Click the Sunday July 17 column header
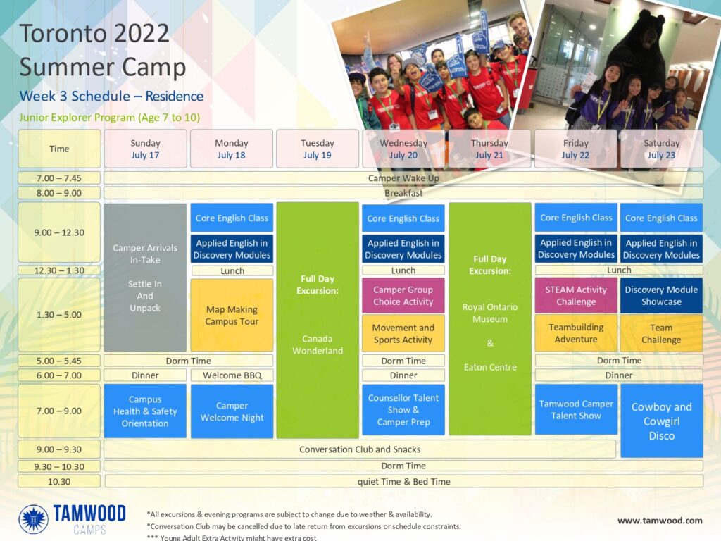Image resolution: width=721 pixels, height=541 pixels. tap(145, 149)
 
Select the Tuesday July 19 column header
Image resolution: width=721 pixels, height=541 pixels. tap(318, 149)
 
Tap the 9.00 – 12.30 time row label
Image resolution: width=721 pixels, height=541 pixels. tap(59, 232)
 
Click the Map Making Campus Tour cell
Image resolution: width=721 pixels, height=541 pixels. tap(232, 315)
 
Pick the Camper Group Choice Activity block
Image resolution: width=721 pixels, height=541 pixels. tap(403, 296)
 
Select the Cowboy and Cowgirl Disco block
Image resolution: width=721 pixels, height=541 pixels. tap(662, 421)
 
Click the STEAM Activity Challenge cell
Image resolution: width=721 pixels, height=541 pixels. tap(576, 296)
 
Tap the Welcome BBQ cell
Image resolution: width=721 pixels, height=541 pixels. tap(232, 375)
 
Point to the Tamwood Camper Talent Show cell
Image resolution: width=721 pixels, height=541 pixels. tap(576, 409)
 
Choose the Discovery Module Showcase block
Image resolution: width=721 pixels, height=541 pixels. tap(661, 296)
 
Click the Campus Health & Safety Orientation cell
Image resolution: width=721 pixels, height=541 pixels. tap(145, 411)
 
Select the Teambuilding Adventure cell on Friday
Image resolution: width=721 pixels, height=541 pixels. tap(576, 333)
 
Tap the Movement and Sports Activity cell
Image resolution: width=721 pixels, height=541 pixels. tap(403, 333)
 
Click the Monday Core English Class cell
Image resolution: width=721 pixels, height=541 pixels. tap(232, 218)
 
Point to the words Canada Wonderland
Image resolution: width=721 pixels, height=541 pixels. tap(318, 344)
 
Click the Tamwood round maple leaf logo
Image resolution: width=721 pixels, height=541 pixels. tap(34, 519)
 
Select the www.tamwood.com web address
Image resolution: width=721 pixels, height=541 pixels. tap(660, 521)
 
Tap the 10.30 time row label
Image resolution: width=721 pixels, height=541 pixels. tap(59, 482)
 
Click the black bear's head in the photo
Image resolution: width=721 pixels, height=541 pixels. tap(644, 27)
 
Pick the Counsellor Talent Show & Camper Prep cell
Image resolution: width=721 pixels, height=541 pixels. tap(403, 410)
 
